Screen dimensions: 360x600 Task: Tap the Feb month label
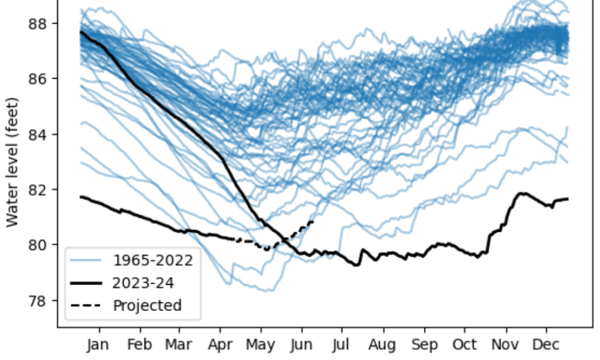[x=140, y=345]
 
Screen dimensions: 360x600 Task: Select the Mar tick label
[x=179, y=345]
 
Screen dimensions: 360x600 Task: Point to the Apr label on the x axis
[x=220, y=345]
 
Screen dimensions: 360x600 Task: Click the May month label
[x=261, y=345]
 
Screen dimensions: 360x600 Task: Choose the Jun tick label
[x=301, y=345]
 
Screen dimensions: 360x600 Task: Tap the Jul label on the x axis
[x=341, y=345]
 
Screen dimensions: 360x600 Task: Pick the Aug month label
[x=383, y=345]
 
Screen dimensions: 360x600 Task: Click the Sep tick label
[x=425, y=345]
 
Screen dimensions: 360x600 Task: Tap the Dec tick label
[x=547, y=345]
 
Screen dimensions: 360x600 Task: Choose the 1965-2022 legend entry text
[x=153, y=260]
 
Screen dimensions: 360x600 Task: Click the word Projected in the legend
[x=147, y=305]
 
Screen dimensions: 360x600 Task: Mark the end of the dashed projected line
[x=313, y=221]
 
